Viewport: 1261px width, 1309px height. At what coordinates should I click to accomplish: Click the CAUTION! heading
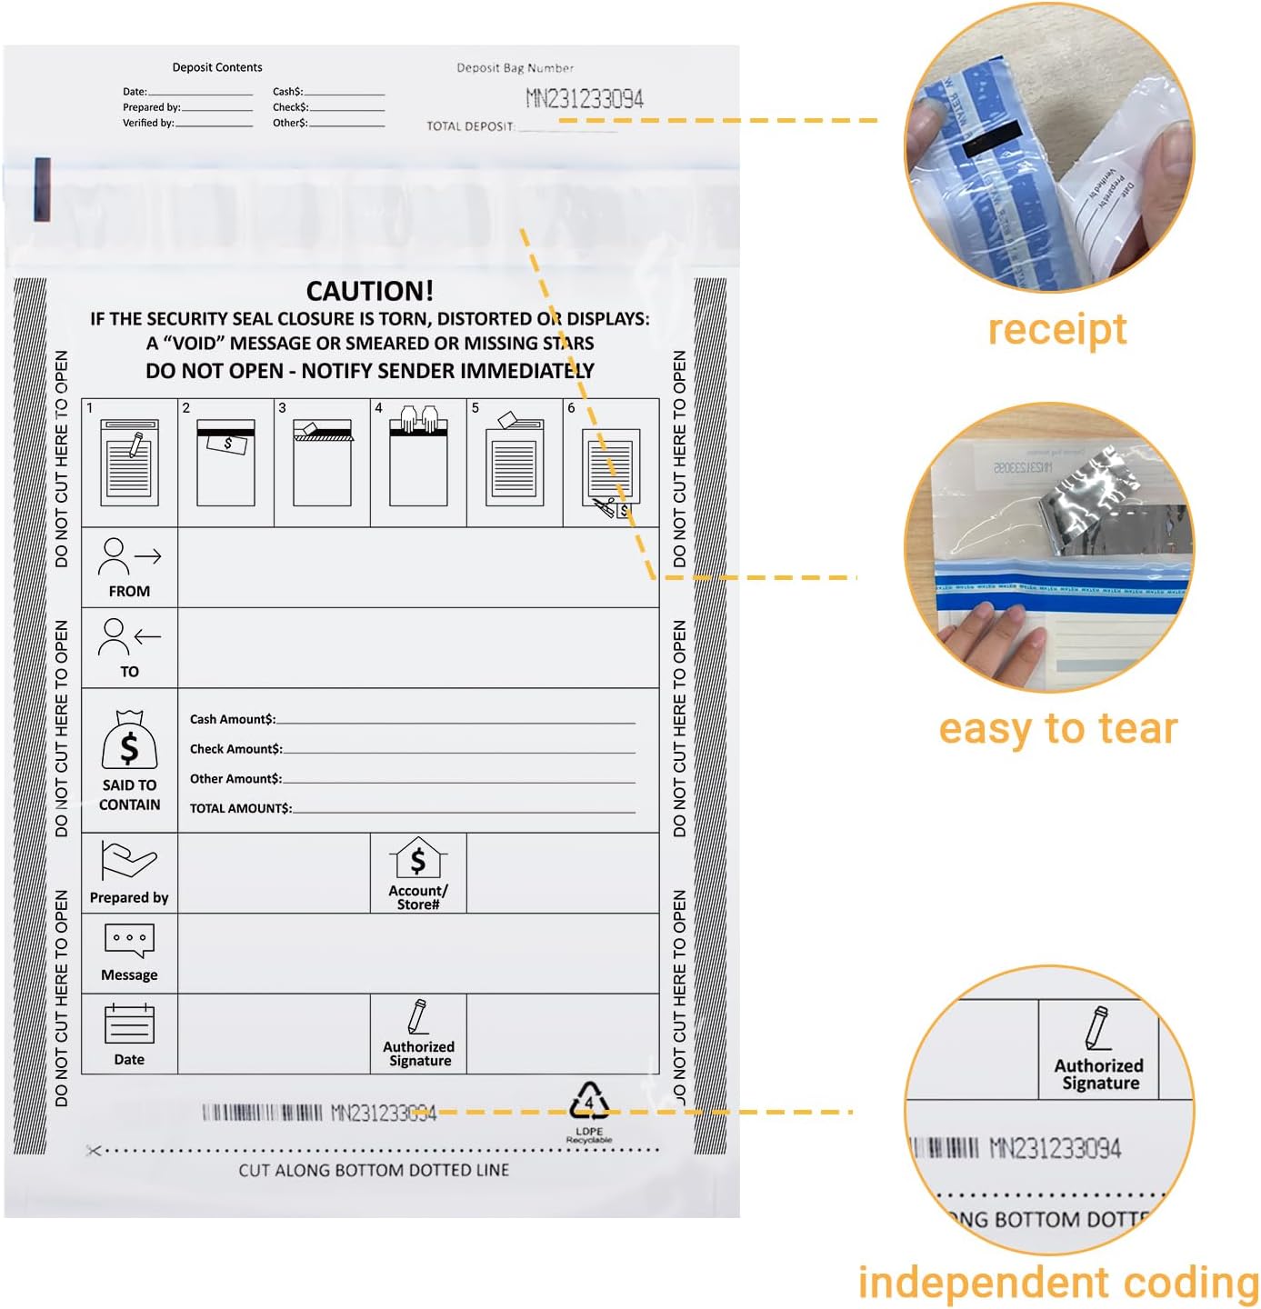click(369, 291)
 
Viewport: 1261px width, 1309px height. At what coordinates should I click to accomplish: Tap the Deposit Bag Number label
click(515, 68)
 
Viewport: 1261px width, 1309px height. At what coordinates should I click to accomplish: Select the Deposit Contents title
click(217, 67)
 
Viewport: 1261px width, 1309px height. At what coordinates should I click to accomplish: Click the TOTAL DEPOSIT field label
click(470, 126)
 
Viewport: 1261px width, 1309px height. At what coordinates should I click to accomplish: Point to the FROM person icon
click(129, 556)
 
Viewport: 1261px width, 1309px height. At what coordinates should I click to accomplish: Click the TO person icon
click(129, 636)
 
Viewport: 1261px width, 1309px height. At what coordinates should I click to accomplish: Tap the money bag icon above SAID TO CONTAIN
click(129, 740)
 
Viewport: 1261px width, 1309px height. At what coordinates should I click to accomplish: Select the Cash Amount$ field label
click(232, 719)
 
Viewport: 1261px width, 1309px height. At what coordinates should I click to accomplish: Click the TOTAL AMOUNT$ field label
click(240, 808)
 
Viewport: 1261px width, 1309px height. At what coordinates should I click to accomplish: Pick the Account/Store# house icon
click(418, 859)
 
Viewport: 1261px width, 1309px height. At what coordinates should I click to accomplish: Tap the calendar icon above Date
click(129, 1024)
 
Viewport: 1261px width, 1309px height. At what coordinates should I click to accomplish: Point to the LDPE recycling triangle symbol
click(589, 1102)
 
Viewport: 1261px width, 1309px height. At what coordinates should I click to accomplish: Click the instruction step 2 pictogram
click(225, 462)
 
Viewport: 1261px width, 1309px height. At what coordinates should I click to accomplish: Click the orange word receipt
click(1057, 328)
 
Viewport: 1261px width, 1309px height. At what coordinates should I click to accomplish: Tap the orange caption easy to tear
click(1057, 729)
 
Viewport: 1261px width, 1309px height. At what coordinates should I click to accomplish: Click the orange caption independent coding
click(1058, 1283)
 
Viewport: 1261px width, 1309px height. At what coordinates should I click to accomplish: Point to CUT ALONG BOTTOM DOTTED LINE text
click(374, 1170)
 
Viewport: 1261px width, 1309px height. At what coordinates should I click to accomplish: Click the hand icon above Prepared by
click(129, 860)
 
